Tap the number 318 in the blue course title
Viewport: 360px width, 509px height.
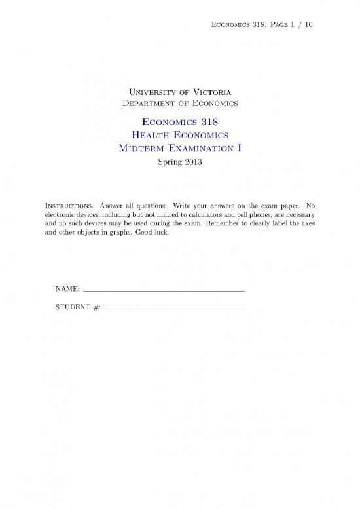tap(214, 120)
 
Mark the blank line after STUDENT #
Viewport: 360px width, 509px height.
tap(174, 308)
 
